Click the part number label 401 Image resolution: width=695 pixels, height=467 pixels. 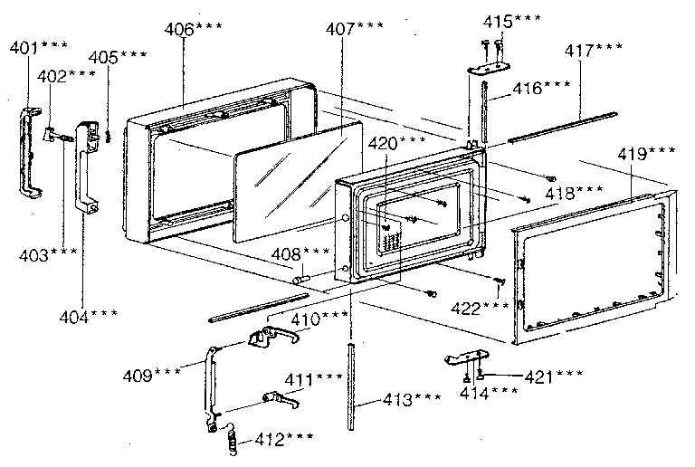coord(39,47)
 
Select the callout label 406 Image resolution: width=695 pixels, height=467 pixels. coord(194,29)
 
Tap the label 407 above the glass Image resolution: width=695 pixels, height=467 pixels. coord(355,29)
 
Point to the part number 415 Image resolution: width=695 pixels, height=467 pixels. coord(511,21)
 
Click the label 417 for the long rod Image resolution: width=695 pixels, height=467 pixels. coord(593,50)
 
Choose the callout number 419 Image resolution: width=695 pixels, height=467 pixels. coord(646,154)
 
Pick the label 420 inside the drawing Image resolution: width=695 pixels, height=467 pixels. coord(396,143)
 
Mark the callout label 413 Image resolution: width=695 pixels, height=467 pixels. coord(412,399)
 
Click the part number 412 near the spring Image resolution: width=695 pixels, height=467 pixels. coord(284,439)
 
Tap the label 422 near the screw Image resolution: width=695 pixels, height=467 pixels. coord(480,308)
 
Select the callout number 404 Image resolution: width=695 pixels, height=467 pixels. coord(88,317)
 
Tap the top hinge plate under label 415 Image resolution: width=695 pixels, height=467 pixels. coord(490,68)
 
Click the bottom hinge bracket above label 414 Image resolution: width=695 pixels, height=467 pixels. coord(468,357)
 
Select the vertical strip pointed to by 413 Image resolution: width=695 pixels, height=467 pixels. coord(351,386)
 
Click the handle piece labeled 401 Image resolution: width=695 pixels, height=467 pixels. coord(29,151)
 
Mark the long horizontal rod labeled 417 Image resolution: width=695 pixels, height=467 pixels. coord(563,128)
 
